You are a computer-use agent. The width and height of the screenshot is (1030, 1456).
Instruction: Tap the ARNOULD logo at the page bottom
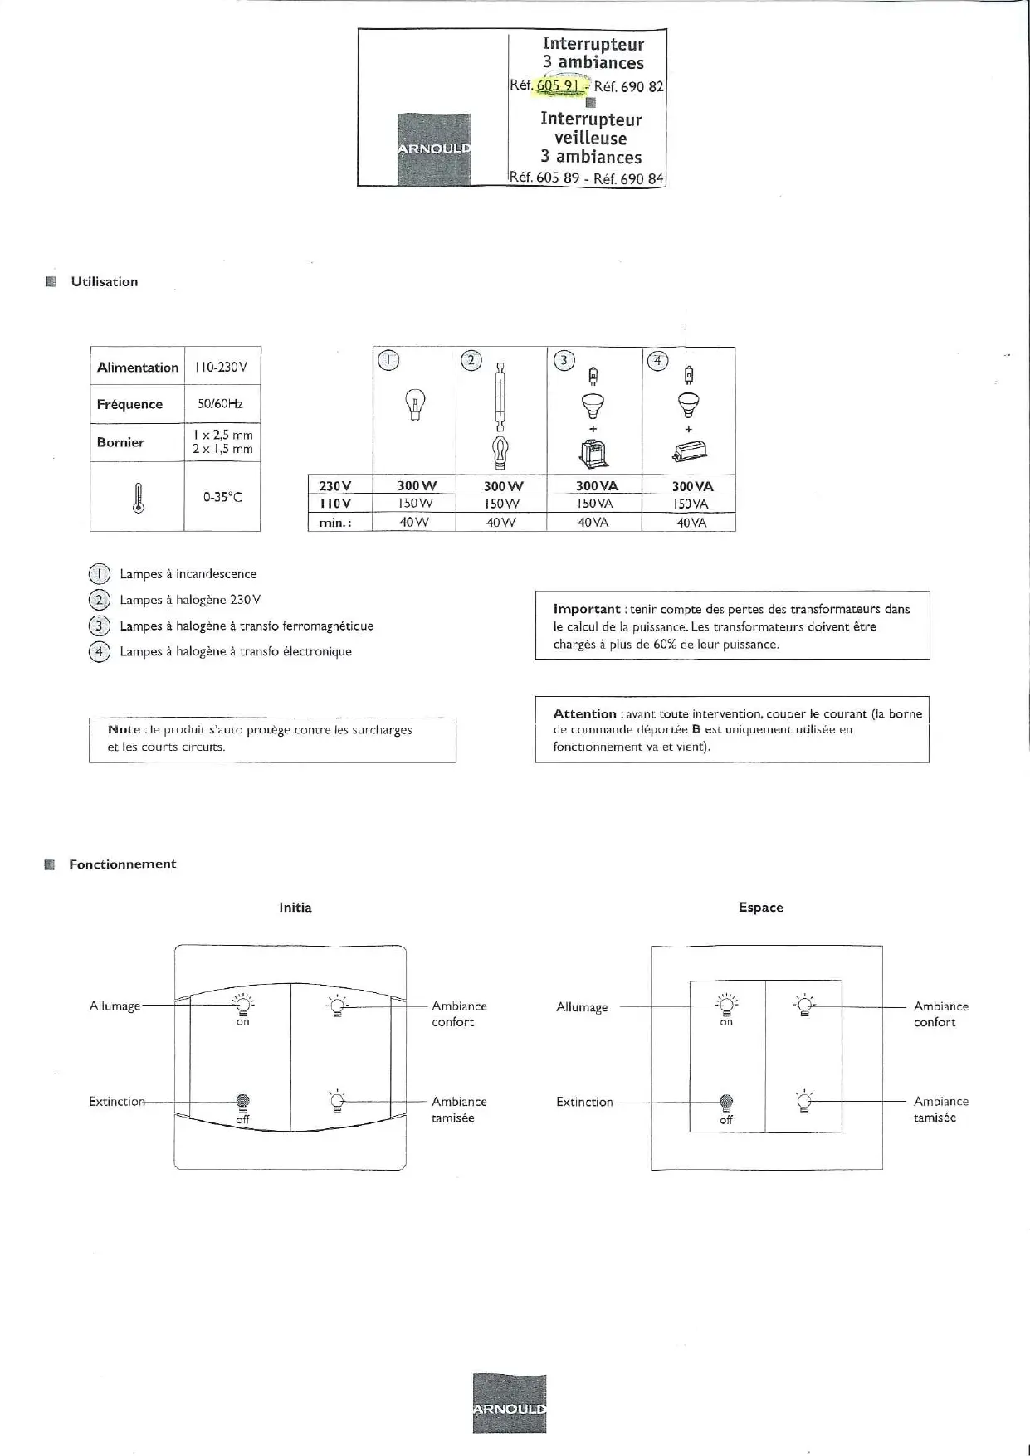(510, 1403)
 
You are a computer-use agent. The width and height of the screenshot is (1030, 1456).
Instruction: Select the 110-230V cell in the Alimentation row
(221, 367)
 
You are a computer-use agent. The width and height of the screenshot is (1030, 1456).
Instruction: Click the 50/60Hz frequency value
(221, 404)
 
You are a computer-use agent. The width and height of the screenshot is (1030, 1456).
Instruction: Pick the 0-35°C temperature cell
(222, 497)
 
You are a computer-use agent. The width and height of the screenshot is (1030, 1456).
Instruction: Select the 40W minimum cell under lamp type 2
(500, 523)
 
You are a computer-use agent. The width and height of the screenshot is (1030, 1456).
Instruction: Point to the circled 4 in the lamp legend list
(99, 651)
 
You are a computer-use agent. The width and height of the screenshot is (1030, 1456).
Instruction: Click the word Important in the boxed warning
(587, 609)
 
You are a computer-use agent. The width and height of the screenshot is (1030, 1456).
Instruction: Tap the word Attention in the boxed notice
(584, 713)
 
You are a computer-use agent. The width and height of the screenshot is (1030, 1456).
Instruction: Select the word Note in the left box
(124, 729)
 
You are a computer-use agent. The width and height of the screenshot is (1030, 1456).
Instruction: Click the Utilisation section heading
(104, 281)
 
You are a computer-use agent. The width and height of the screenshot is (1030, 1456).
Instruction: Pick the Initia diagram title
(295, 908)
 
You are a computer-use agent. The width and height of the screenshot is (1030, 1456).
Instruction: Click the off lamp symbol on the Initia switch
(243, 1102)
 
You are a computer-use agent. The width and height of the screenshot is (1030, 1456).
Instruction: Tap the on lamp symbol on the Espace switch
(726, 1006)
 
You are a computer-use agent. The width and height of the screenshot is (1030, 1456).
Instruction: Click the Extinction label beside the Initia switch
(117, 1102)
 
